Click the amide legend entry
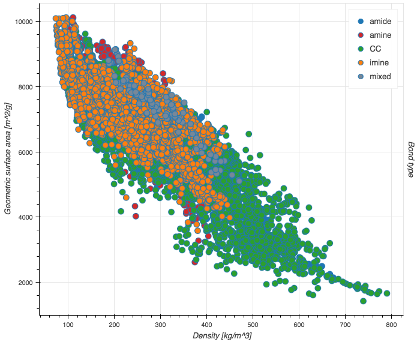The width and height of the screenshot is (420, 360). (x=372, y=22)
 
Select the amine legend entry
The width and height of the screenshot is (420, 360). (x=372, y=35)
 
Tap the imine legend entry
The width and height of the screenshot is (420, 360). (x=372, y=63)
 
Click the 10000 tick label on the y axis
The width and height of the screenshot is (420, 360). (x=25, y=22)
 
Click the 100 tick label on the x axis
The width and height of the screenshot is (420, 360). (x=68, y=325)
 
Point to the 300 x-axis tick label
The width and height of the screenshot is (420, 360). (x=161, y=325)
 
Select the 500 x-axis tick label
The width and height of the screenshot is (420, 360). (x=253, y=325)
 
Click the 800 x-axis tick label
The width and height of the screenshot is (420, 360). (x=391, y=325)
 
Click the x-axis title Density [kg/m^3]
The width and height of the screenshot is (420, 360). (x=221, y=336)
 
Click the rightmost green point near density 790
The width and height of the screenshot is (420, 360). (x=387, y=293)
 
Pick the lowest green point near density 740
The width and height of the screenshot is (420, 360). (x=363, y=301)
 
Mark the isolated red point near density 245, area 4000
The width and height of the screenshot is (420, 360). (x=136, y=216)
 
